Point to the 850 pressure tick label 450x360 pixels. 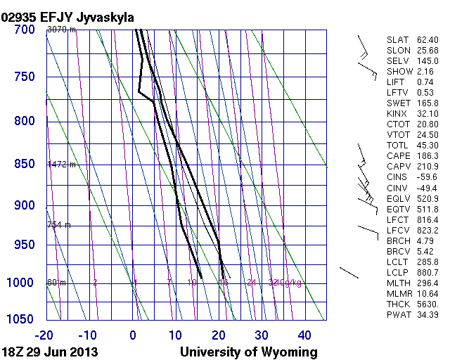(25, 164)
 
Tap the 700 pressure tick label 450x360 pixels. (25, 30)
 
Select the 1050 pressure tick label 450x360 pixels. (21, 319)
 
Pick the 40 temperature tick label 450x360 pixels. (304, 335)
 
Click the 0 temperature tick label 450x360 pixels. (134, 335)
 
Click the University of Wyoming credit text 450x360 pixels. (249, 352)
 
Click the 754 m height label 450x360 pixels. (59, 225)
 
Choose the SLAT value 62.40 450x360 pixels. (427, 40)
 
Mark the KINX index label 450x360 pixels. (397, 114)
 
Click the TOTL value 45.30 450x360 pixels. (427, 146)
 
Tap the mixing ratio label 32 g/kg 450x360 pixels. (274, 283)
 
